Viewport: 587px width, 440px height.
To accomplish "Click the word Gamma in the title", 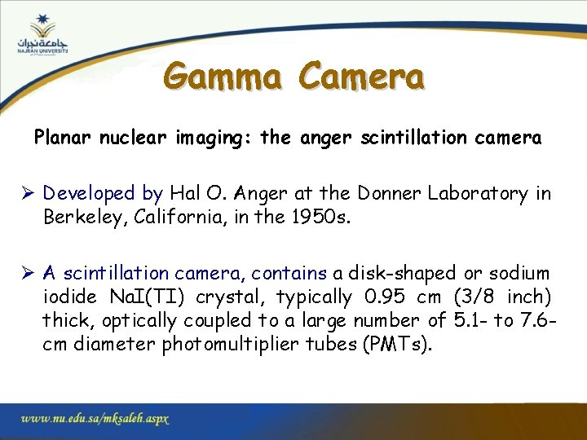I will coord(223,77).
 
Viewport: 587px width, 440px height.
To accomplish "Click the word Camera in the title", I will coord(361,77).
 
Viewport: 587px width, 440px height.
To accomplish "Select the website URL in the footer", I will coord(95,419).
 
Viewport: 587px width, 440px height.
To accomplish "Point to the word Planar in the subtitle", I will coord(62,138).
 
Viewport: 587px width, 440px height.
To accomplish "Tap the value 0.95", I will coord(372,297).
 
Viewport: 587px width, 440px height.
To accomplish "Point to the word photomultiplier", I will coord(232,344).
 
